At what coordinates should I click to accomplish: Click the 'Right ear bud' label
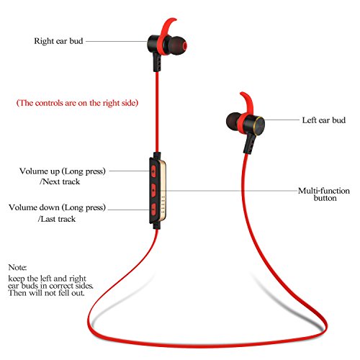click(x=58, y=41)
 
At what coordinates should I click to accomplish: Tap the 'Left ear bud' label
click(x=324, y=120)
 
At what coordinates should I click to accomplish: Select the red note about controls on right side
click(x=77, y=103)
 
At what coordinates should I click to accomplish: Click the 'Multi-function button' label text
click(x=324, y=194)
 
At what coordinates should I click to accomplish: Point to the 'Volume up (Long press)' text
click(x=63, y=171)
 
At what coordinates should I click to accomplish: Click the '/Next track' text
click(x=60, y=181)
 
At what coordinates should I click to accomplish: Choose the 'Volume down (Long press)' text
click(x=57, y=207)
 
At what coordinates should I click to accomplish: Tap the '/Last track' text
click(x=57, y=219)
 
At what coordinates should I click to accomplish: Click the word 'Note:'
click(x=17, y=267)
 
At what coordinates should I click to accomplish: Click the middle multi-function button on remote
click(x=153, y=190)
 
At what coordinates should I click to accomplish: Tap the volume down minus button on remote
click(x=153, y=209)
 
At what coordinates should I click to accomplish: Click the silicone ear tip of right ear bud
click(x=178, y=45)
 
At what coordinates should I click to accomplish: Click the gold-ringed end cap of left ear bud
click(x=259, y=125)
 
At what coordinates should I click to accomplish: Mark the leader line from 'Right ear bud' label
click(x=117, y=41)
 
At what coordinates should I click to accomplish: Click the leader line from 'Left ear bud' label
click(x=282, y=120)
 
